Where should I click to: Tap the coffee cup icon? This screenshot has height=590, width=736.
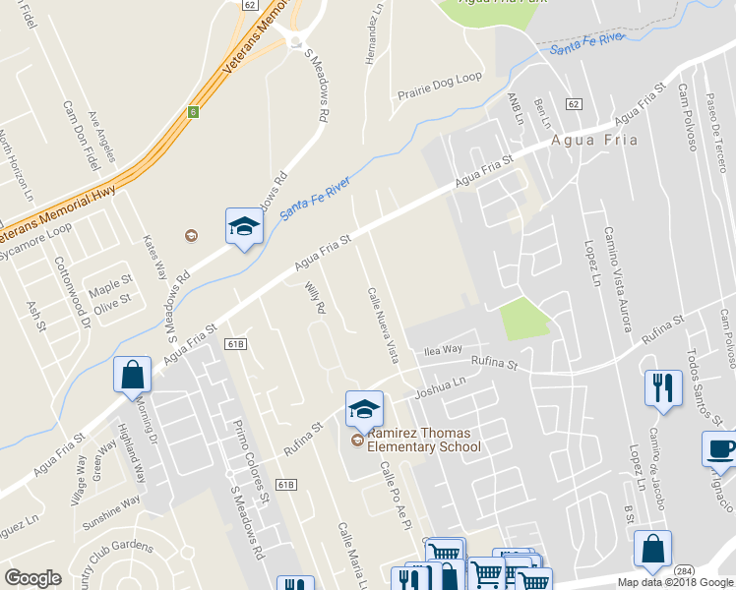(x=719, y=448)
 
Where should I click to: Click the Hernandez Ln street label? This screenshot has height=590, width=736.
(x=372, y=34)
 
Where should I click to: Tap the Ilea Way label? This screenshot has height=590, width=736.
(x=442, y=349)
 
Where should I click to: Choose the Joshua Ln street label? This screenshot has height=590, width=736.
(x=440, y=387)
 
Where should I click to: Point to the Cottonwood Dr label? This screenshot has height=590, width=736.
(x=72, y=291)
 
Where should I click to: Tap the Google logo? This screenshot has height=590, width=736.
(x=32, y=578)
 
